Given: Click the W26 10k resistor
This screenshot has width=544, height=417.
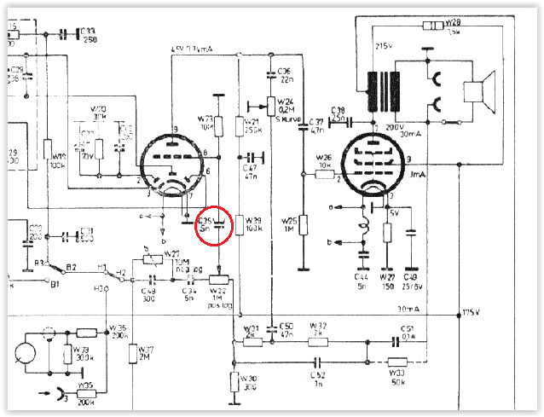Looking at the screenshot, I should pos(324,174).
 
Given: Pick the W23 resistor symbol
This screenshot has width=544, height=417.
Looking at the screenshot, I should pos(219,125).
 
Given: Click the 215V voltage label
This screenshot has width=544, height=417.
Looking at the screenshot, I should pos(384,44).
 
